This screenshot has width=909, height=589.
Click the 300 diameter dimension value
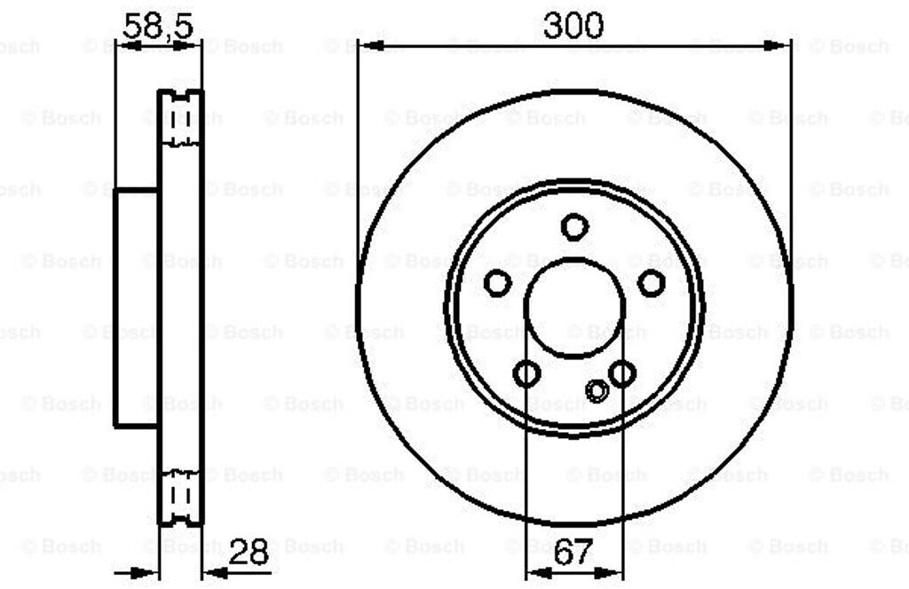point(573,25)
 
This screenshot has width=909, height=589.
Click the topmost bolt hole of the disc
point(574,226)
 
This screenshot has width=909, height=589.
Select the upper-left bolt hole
point(497,283)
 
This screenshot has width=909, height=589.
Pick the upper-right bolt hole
point(651,283)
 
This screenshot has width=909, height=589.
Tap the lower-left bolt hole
point(526,373)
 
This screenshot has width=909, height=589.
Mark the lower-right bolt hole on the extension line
point(622,373)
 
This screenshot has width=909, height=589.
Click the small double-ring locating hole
point(597,391)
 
